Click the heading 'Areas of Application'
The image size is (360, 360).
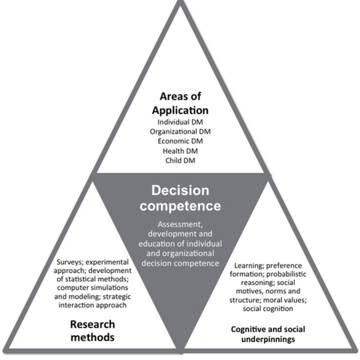click(180, 103)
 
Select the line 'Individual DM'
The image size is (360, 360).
click(180, 122)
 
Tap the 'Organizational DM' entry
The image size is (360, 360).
click(180, 131)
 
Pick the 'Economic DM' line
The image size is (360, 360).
click(180, 141)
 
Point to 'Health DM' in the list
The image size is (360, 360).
click(180, 151)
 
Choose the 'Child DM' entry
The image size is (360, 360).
click(180, 161)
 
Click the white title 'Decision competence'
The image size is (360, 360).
click(180, 198)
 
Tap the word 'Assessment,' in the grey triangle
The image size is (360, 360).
click(180, 225)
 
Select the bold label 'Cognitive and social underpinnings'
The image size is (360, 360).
click(268, 334)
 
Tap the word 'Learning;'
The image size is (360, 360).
click(250, 266)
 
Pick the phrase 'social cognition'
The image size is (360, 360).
click(268, 309)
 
